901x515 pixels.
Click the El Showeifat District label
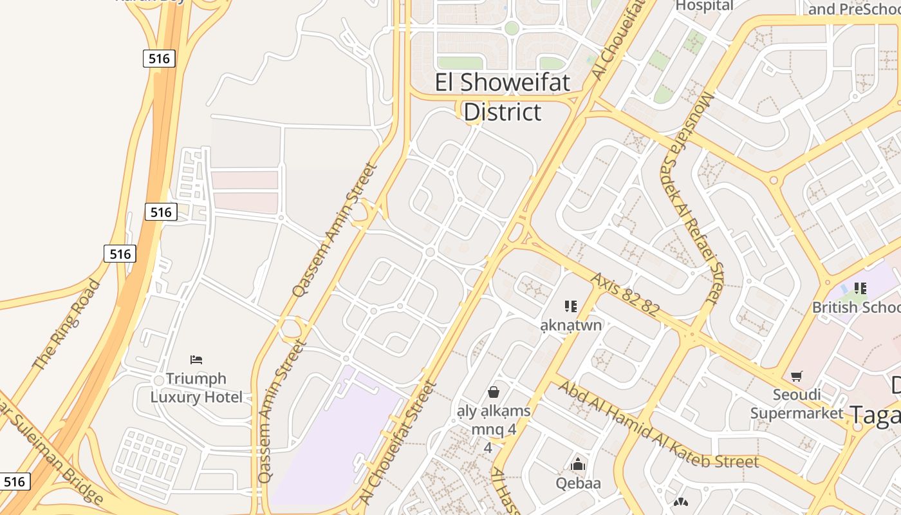point(503,97)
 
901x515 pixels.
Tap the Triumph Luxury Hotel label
point(196,388)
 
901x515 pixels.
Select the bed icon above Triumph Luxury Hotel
point(196,359)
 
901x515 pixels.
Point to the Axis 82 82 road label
point(625,294)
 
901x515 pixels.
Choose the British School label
point(855,307)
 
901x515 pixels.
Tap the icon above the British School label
point(860,288)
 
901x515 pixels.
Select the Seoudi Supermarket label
point(796,404)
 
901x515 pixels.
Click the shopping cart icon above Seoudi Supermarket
point(797,376)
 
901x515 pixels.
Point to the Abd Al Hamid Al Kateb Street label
point(658,426)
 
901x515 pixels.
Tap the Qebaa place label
point(578,483)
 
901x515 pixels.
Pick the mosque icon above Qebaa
point(578,464)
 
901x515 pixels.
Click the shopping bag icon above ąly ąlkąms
point(494,391)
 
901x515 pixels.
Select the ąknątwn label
point(571,324)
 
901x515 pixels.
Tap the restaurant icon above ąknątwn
point(570,306)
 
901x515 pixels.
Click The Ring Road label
point(66,324)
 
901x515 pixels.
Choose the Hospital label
point(704,6)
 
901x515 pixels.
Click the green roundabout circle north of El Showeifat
point(512,28)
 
